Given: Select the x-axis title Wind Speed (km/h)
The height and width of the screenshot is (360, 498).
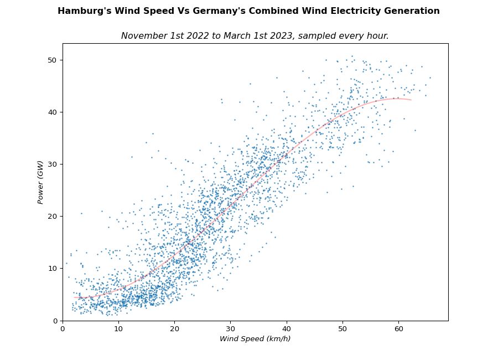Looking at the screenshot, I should click(255, 339).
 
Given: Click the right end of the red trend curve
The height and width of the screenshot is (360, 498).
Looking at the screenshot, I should click(411, 100).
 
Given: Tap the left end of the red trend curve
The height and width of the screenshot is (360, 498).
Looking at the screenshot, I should click(74, 297).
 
